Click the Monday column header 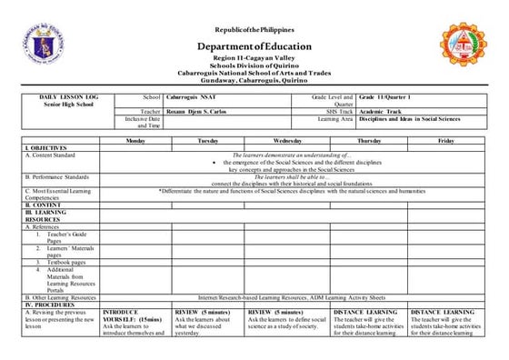click(x=135, y=141)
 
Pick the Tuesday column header click(x=207, y=141)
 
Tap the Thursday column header click(x=369, y=141)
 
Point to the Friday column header click(x=445, y=141)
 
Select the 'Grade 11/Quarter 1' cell click(x=384, y=96)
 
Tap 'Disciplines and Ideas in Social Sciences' click(x=410, y=118)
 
